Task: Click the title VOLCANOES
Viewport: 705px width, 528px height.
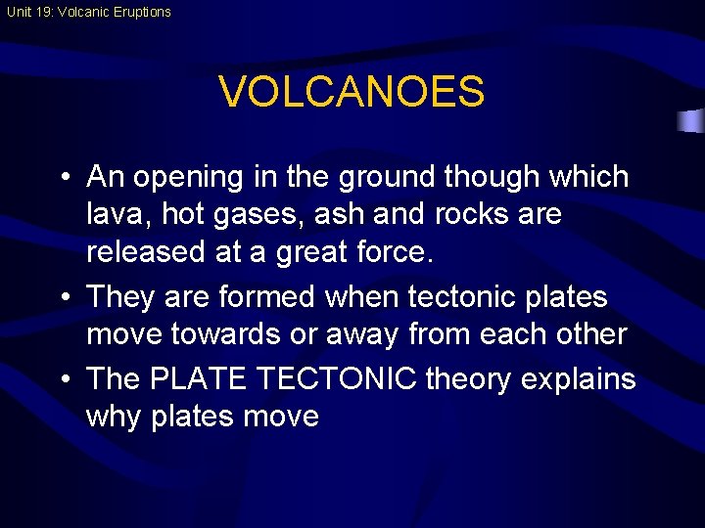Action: coord(352,92)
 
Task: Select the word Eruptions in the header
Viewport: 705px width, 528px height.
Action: coord(139,13)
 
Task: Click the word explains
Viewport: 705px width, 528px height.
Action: coord(580,377)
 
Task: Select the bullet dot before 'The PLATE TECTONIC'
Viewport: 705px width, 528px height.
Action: coord(63,378)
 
